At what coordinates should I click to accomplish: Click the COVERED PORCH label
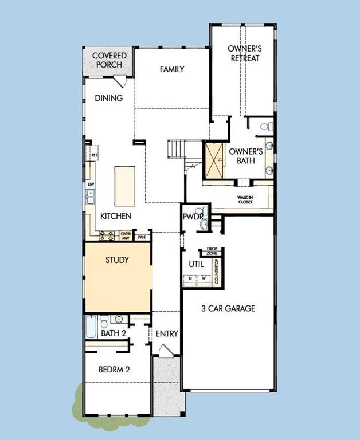point(109,60)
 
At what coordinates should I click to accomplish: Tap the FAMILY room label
point(172,69)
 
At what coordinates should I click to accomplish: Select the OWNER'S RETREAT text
point(245,53)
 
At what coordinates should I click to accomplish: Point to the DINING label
point(109,98)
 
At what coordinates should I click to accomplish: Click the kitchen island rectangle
point(125,186)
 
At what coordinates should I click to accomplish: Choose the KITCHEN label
point(116,217)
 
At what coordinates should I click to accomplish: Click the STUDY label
point(117,260)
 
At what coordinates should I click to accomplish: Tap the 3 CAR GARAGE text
point(228,308)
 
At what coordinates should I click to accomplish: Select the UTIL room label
point(197,265)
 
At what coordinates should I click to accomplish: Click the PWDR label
point(190,217)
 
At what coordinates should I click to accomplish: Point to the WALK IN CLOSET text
point(245,199)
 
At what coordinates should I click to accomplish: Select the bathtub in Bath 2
point(92,328)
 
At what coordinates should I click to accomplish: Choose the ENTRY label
point(167,334)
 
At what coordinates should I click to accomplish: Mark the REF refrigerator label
point(95,155)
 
